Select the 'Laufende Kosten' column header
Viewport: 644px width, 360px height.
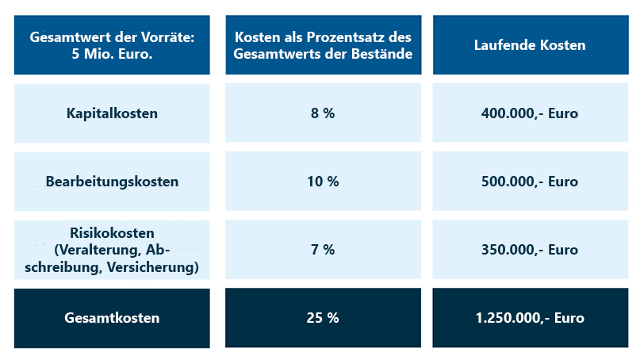tap(530, 45)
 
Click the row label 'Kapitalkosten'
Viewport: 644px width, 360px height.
tap(112, 113)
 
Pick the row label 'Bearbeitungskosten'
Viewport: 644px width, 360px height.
tap(112, 182)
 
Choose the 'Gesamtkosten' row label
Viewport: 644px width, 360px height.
tap(112, 318)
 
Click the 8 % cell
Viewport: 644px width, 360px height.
tap(323, 113)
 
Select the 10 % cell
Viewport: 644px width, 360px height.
tap(323, 182)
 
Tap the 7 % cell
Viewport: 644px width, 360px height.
tap(323, 250)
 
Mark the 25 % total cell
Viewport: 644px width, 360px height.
tap(323, 318)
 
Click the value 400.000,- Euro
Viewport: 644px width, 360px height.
tap(530, 113)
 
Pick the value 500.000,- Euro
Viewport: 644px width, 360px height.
tap(530, 182)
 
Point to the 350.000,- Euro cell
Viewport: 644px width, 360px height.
tap(530, 250)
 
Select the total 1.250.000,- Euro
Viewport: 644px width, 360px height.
tap(530, 318)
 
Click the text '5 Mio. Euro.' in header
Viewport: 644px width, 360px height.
tap(112, 54)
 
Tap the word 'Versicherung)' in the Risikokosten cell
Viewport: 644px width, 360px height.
tap(155, 267)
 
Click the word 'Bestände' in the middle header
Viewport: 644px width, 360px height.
tap(384, 54)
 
